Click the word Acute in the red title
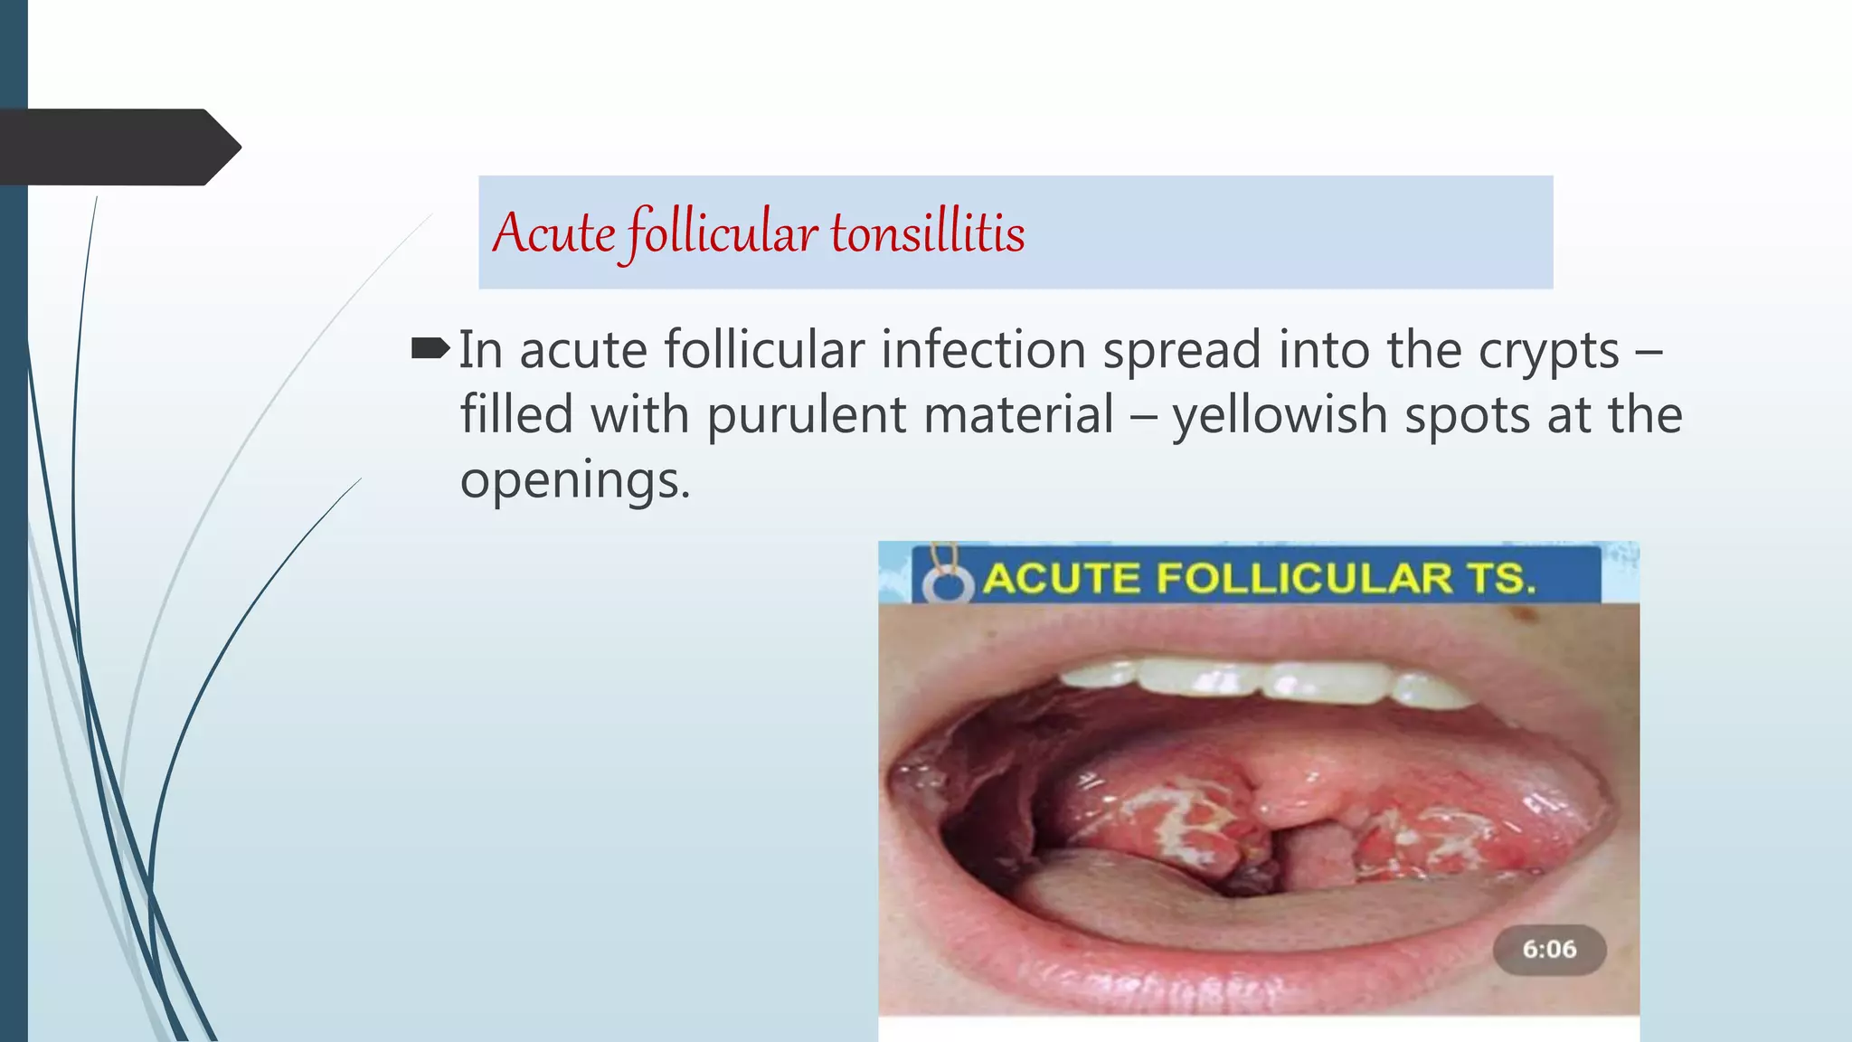(553, 233)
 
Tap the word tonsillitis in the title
(928, 233)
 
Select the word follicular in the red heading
(722, 233)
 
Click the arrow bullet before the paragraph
(430, 348)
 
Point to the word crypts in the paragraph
(1548, 351)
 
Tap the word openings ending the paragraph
(573, 481)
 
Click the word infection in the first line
(983, 350)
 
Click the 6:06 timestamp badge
(1548, 949)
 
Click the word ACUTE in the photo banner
(1061, 578)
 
